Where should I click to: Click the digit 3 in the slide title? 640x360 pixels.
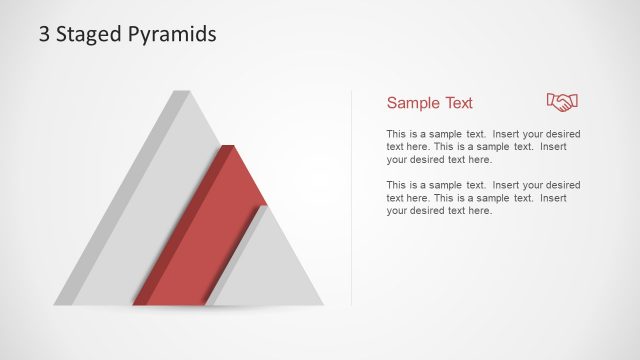(45, 34)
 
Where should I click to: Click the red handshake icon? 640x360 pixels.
(562, 101)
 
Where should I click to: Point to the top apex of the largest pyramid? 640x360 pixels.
(181, 92)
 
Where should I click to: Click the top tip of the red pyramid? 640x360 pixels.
(230, 147)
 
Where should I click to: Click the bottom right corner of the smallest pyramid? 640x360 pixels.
(322, 304)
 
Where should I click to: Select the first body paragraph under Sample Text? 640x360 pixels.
(483, 146)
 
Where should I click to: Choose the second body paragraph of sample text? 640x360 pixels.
(483, 198)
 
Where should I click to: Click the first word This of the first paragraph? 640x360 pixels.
(395, 133)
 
